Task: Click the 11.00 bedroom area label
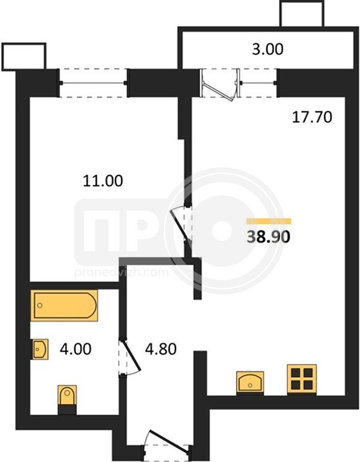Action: (x=103, y=181)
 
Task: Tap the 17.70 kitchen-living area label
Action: (x=312, y=117)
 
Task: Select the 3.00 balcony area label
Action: (x=268, y=49)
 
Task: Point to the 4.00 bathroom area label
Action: (x=76, y=349)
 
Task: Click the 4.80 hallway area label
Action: (x=161, y=349)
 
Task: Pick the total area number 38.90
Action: (x=268, y=236)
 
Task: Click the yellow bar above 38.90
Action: (x=269, y=221)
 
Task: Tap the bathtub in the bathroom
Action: (x=65, y=305)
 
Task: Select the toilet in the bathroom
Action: (x=67, y=400)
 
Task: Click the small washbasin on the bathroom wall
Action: (x=39, y=349)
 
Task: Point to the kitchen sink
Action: (x=250, y=382)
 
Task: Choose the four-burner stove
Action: (x=302, y=379)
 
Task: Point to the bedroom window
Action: (x=93, y=83)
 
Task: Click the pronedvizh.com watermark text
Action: (x=121, y=272)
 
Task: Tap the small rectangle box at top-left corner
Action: (x=24, y=57)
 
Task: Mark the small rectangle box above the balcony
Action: (x=302, y=14)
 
